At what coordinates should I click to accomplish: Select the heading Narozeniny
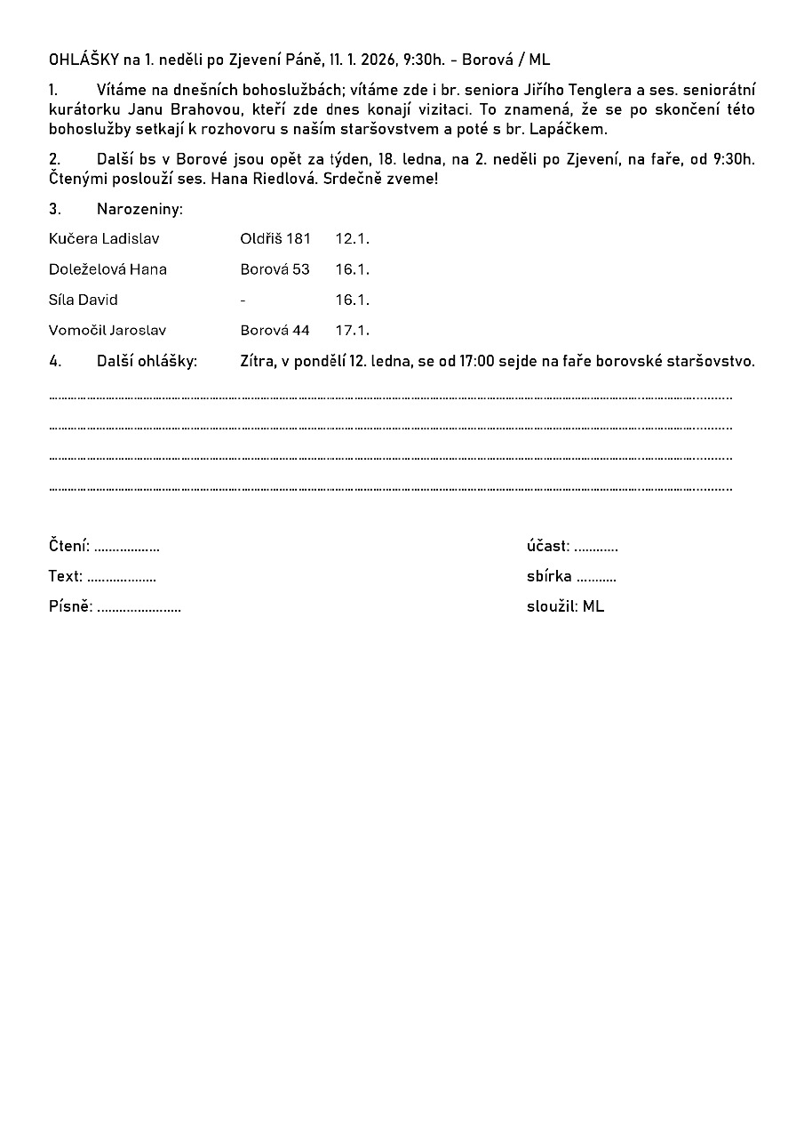point(139,210)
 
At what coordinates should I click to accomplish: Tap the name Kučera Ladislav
point(104,239)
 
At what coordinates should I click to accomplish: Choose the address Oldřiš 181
point(275,239)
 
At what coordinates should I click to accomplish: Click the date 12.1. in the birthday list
point(352,239)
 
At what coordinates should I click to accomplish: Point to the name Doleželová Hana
point(107,269)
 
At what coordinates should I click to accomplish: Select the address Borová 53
point(275,269)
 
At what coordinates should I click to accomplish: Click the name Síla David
point(84,300)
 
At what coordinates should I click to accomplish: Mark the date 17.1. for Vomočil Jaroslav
point(352,331)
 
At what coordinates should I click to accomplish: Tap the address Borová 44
point(275,331)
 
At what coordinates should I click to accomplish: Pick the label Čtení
point(68,546)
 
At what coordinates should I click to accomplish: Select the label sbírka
point(549,576)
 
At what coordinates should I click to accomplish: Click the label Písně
point(69,607)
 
